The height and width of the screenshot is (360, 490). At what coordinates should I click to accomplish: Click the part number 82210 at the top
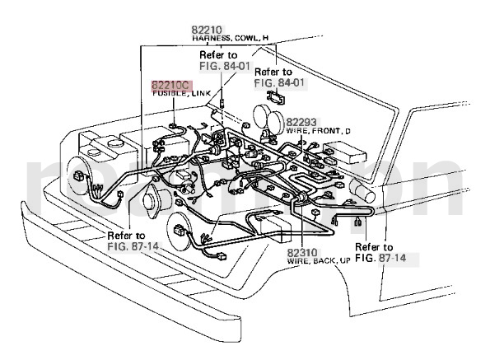[x=207, y=30]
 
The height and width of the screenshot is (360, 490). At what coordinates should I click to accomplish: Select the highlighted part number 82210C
[x=170, y=85]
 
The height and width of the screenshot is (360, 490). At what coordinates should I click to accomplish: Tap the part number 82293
[x=301, y=122]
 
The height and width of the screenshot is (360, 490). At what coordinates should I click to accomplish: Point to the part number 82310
[x=302, y=253]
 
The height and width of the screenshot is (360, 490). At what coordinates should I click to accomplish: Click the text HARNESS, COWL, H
[x=230, y=39]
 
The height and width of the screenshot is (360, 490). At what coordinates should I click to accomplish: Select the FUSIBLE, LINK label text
[x=181, y=93]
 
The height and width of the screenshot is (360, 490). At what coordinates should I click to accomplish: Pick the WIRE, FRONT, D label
[x=318, y=131]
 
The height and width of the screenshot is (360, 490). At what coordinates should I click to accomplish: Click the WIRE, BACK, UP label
[x=319, y=261]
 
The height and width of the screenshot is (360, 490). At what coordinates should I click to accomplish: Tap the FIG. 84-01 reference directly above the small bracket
[x=279, y=83]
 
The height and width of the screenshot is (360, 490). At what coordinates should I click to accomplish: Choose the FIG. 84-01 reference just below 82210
[x=225, y=66]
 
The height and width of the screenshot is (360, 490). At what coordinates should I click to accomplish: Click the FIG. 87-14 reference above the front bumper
[x=133, y=246]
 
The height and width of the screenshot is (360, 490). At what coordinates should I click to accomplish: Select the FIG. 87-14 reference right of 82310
[x=380, y=258]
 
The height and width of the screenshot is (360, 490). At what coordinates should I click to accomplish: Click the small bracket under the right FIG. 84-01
[x=276, y=97]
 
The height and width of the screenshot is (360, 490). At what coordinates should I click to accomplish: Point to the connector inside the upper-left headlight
[x=78, y=176]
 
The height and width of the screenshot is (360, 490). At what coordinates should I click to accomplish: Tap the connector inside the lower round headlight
[x=180, y=231]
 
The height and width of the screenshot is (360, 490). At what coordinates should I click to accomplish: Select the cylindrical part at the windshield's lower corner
[x=362, y=191]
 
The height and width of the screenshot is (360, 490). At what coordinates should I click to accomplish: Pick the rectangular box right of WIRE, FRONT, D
[x=344, y=152]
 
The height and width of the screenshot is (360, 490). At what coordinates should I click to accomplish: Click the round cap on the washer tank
[x=115, y=143]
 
